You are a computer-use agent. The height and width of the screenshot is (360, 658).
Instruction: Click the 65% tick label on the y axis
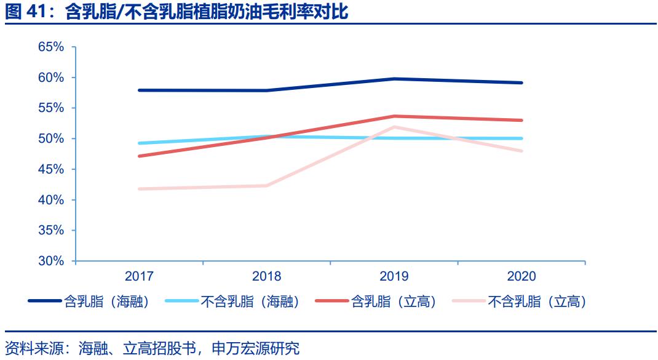click(x=51, y=47)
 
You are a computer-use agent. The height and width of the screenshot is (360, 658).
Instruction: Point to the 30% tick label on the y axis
click(x=51, y=261)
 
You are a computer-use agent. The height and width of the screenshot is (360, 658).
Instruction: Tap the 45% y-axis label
click(x=51, y=169)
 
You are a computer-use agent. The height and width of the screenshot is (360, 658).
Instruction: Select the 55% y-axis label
click(x=51, y=108)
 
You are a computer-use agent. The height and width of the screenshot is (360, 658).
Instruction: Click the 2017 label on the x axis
click(x=139, y=276)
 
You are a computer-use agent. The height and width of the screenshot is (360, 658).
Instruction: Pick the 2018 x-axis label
click(x=266, y=276)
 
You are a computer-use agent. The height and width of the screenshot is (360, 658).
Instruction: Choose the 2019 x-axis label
click(x=394, y=276)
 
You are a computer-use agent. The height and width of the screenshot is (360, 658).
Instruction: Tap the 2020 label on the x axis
click(x=521, y=276)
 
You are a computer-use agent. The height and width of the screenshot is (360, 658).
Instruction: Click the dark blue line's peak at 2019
click(x=394, y=79)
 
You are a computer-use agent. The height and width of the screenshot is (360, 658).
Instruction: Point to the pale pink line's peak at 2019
click(x=394, y=127)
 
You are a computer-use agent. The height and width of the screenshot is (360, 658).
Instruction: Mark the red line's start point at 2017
click(x=139, y=156)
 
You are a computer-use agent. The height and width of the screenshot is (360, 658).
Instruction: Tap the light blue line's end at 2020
click(x=521, y=138)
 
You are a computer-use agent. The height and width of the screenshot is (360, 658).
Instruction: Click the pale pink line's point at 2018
click(x=266, y=185)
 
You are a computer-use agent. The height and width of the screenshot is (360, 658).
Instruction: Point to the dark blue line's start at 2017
click(x=139, y=90)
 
